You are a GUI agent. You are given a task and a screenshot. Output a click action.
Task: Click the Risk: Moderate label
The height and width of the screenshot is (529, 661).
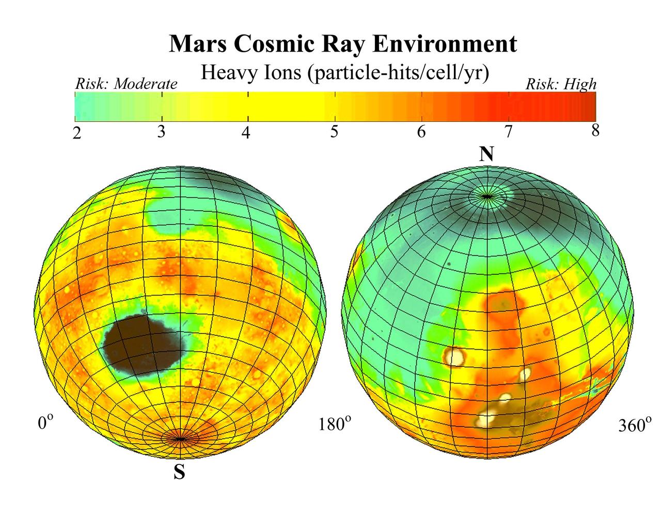pos(126,84)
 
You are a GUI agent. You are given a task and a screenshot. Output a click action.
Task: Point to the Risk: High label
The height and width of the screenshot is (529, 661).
pos(561,84)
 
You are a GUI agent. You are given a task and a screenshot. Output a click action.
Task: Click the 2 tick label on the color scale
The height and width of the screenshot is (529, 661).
pos(77,133)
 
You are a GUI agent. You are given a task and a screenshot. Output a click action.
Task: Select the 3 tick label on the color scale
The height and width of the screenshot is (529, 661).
pos(162,132)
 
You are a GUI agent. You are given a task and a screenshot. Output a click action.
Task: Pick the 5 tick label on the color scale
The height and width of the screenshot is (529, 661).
pos(334,132)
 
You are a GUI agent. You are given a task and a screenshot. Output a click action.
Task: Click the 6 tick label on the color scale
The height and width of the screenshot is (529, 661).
pos(421,132)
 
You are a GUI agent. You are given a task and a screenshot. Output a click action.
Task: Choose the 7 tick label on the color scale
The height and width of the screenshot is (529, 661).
pos(509,132)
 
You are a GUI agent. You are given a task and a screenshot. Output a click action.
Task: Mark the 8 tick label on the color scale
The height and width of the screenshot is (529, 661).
pos(595,131)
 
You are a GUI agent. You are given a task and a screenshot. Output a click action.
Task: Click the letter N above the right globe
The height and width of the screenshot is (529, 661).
pos(486,153)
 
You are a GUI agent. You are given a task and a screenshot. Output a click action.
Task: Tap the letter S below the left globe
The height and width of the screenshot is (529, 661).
pos(179,472)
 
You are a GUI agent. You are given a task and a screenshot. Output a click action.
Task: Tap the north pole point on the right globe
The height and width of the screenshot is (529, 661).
pos(486,196)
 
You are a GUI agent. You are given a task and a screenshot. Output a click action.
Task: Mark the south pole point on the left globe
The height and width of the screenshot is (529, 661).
pos(179,439)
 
